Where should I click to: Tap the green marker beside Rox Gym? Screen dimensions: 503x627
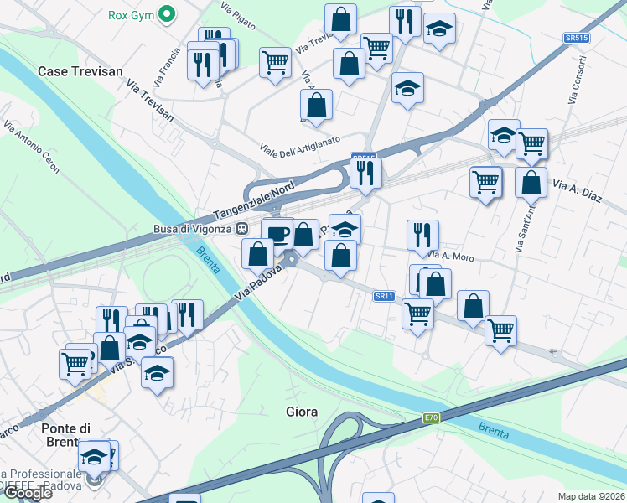[168, 14]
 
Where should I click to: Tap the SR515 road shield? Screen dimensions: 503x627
[576, 39]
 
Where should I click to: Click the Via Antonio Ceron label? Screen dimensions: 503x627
[31, 148]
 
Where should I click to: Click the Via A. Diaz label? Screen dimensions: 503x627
[578, 190]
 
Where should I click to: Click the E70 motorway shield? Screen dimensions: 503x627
[431, 417]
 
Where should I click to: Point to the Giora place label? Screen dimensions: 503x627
[301, 412]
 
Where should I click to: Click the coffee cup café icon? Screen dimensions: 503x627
[277, 232]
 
